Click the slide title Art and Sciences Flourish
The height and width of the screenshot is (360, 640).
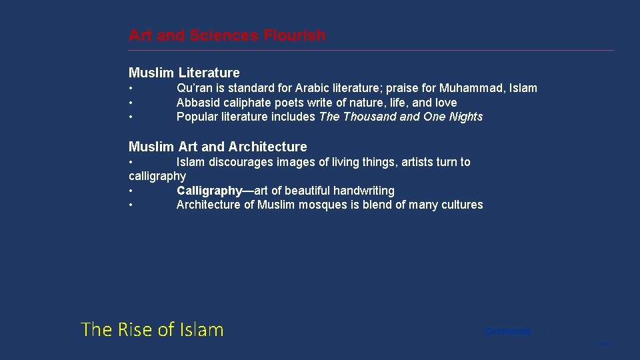click(227, 35)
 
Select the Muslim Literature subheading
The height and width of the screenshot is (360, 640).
click(184, 73)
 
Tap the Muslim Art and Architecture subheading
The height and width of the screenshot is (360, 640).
click(217, 147)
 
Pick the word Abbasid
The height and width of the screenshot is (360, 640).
click(197, 103)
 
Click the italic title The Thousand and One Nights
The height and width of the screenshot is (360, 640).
click(401, 117)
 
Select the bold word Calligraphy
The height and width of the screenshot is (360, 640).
click(209, 191)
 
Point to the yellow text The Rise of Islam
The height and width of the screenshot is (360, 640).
click(152, 329)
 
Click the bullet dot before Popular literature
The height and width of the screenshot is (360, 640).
click(131, 117)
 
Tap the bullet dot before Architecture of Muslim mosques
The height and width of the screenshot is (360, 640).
click(131, 205)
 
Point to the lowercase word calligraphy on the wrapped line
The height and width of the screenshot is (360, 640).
click(157, 176)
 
